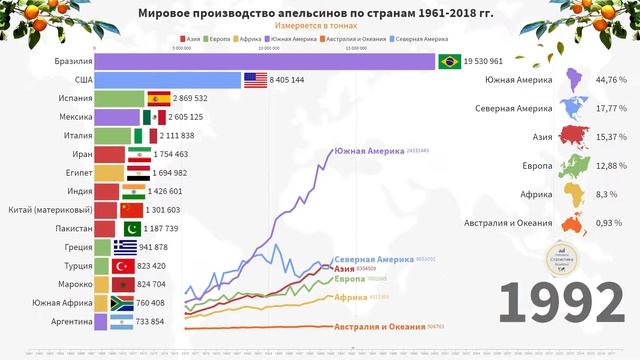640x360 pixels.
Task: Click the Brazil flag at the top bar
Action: (448, 62)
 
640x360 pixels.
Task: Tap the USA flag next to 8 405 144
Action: (255, 80)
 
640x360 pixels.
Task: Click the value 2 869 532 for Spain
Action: (200, 99)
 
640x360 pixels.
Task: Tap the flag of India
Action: (132, 191)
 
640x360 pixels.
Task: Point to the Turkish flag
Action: (122, 266)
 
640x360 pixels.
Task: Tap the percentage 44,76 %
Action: (609, 80)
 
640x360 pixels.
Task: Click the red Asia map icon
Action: (577, 136)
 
